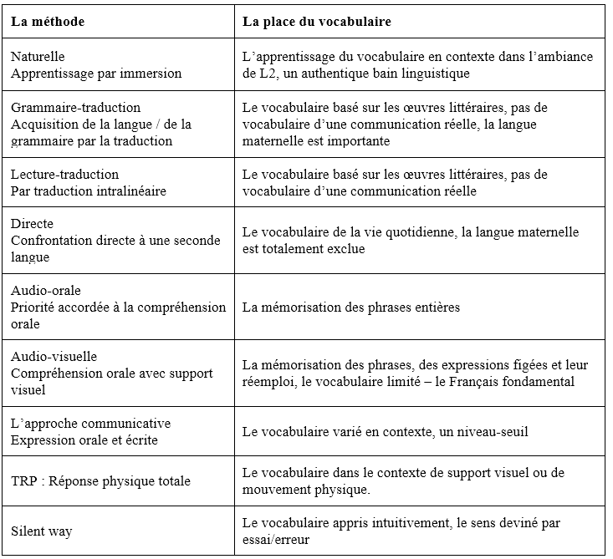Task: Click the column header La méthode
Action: point(49,20)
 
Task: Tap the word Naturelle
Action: point(38,56)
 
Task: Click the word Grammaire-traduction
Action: point(75,108)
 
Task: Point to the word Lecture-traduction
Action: point(64,174)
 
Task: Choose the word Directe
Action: point(32,223)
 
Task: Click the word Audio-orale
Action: point(46,290)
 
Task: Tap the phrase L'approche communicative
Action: point(90,423)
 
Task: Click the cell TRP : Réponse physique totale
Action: point(100,480)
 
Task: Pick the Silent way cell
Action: point(41,531)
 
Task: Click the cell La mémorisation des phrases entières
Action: point(350,307)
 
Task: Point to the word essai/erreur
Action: point(277,539)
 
